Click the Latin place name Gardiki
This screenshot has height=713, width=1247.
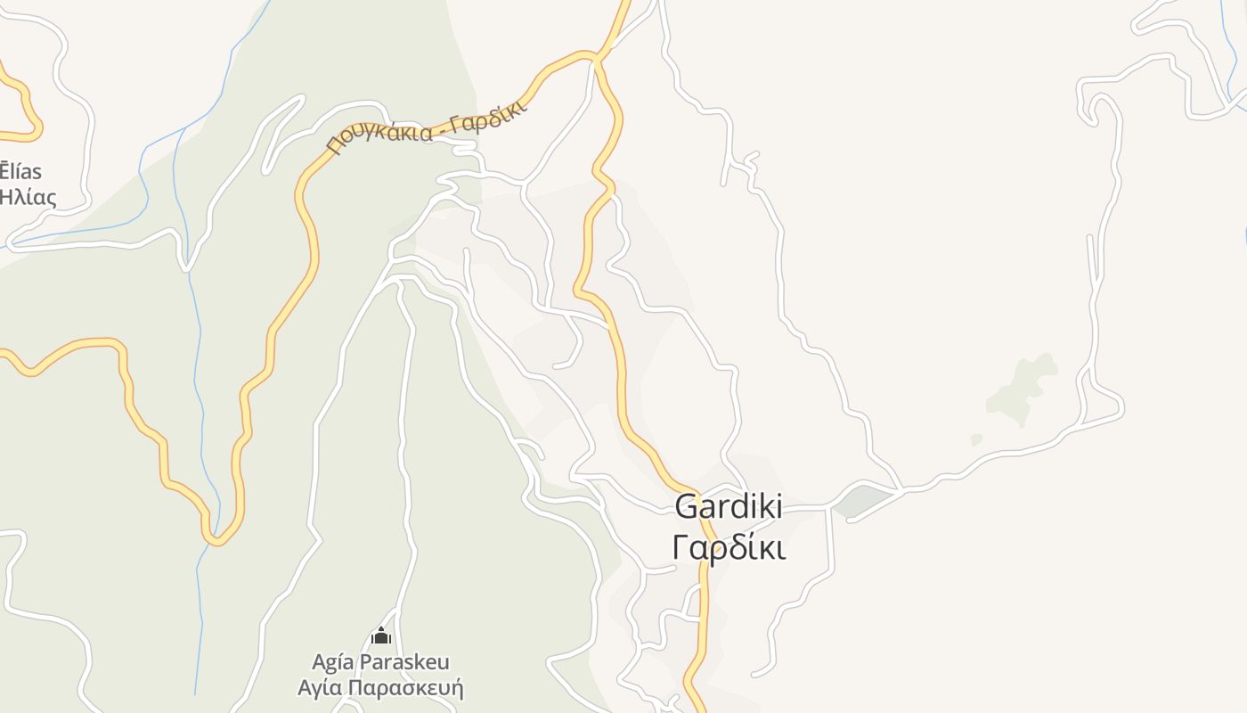[729, 506]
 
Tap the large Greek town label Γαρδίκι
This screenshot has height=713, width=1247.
[729, 547]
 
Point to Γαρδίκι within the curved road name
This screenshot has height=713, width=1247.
[488, 119]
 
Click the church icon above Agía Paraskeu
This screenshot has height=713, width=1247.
[381, 636]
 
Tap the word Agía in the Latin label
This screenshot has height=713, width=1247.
[330, 662]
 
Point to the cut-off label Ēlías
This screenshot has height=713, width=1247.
[20, 171]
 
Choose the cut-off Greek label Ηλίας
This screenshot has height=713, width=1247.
[28, 197]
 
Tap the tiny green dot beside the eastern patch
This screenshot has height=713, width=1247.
[976, 439]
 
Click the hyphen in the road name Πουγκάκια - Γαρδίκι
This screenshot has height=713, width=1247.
[438, 130]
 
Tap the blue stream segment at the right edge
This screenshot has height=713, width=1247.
[1244, 234]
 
